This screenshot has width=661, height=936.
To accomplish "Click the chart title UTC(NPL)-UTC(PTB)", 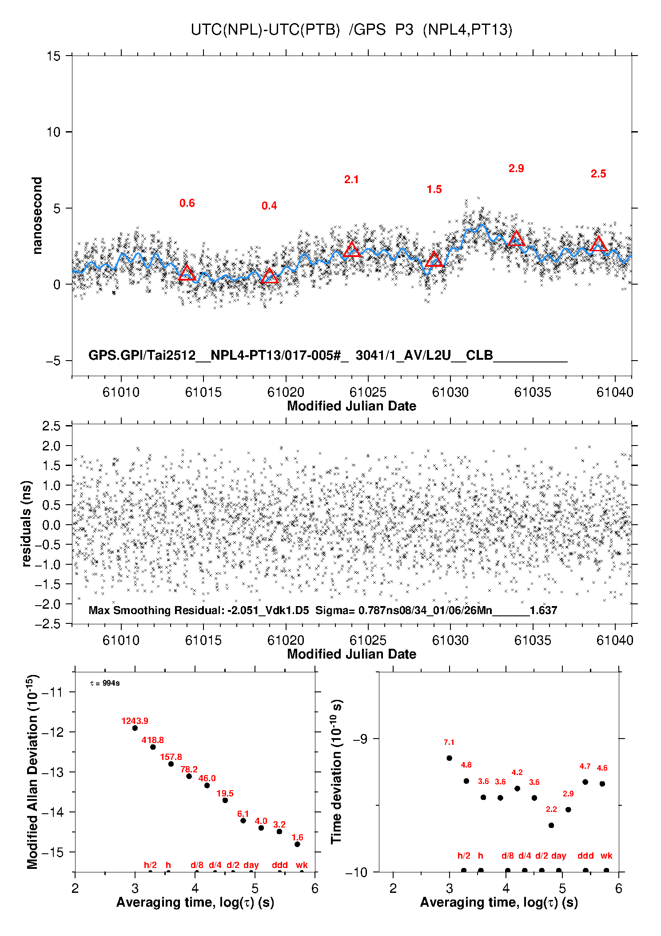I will coord(265,30).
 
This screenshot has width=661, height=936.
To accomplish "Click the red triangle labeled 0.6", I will coord(187,273).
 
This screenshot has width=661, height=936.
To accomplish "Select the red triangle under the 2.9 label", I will coord(516,239).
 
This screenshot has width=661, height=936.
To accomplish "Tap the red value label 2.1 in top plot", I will coord(351,180).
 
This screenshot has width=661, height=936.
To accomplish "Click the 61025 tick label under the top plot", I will coord(368,392).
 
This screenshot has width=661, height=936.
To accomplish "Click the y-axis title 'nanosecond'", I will coord(37,216).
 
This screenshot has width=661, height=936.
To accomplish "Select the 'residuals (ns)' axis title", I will coord(27,524).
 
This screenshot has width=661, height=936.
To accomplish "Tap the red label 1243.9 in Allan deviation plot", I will coord(135,721).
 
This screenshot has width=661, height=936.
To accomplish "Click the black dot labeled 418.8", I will coord(153,747).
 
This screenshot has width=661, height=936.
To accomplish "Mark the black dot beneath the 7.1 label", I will coord(449,758).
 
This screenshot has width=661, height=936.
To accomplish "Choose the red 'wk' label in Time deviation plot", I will coord(606,856).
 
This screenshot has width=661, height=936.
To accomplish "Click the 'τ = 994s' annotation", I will coord(105,683).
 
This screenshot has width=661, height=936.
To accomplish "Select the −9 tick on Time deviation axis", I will coord(360,739).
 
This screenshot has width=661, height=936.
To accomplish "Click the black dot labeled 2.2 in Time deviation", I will coord(551,825).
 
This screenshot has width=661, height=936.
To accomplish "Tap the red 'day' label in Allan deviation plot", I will coord(251,865).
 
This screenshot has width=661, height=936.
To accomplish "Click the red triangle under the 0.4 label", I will coord(270,276).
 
